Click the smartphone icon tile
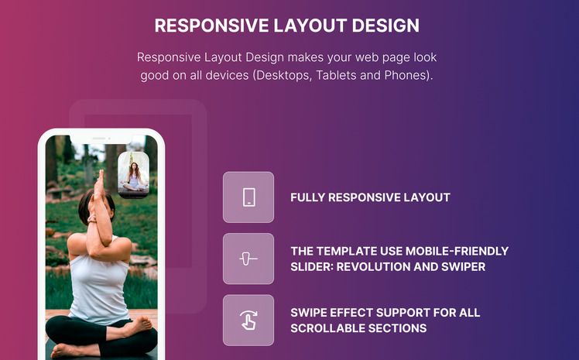point(248,197)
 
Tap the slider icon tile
point(248,259)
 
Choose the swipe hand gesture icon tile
point(248,320)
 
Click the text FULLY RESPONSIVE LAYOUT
point(370,197)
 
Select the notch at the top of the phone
point(101,139)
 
